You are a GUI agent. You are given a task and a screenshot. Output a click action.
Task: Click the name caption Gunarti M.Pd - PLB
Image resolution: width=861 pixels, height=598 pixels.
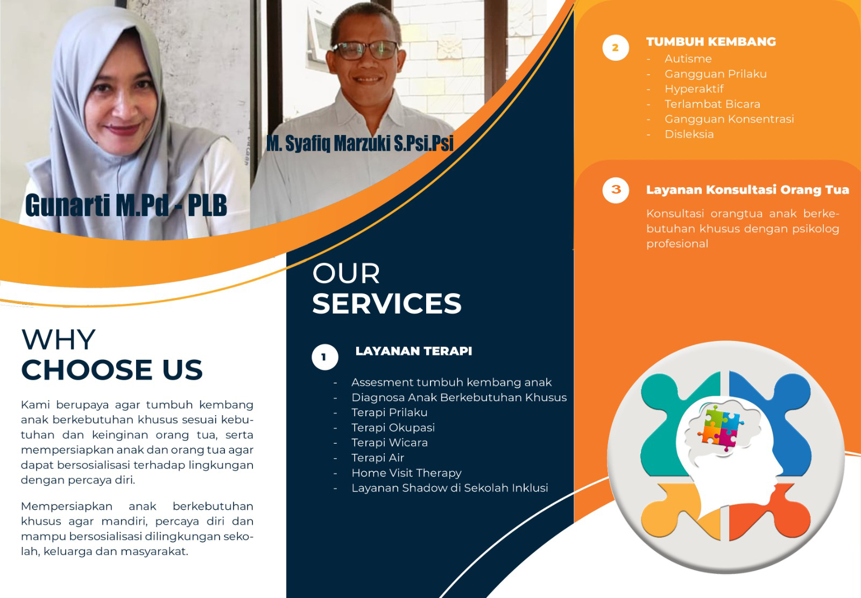click(126, 205)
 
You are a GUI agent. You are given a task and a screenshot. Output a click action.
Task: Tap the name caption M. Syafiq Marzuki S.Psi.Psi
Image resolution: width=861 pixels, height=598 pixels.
click(360, 144)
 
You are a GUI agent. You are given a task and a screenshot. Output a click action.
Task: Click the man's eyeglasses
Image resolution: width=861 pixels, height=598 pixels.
click(365, 51)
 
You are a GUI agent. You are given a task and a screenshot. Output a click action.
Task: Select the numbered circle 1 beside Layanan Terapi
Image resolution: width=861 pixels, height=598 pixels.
click(325, 357)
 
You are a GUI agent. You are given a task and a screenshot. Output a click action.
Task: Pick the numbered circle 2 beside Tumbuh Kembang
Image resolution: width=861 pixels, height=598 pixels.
click(616, 48)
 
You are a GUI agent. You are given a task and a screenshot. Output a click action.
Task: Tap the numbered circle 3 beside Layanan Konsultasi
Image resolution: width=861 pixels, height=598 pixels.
click(616, 190)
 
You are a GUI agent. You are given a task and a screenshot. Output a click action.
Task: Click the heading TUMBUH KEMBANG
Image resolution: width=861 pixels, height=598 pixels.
click(711, 41)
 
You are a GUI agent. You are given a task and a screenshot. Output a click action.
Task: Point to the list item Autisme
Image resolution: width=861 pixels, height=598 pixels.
click(688, 59)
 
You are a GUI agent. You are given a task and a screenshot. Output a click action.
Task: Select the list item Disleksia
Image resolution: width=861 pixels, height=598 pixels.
click(689, 134)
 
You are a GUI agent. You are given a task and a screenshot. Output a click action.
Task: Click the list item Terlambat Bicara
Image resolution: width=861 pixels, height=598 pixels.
click(712, 104)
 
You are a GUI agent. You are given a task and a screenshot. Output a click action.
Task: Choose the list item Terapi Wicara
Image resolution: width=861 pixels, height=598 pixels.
click(390, 443)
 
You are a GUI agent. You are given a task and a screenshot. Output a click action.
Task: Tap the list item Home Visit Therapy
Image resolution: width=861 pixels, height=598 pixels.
click(406, 473)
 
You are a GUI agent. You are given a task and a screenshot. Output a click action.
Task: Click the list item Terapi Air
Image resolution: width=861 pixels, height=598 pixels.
click(377, 458)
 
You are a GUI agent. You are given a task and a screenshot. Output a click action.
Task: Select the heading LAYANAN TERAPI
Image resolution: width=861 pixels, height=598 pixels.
click(414, 351)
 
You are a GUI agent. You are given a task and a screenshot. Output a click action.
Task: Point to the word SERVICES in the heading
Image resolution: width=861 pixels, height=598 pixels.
click(387, 303)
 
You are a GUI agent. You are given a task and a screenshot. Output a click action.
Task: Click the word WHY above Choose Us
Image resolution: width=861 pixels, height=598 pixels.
click(59, 339)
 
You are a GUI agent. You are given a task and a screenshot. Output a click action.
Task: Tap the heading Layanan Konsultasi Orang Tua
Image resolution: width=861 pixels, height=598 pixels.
click(747, 190)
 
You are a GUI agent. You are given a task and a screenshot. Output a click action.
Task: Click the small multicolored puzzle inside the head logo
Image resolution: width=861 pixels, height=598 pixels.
click(721, 428)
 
